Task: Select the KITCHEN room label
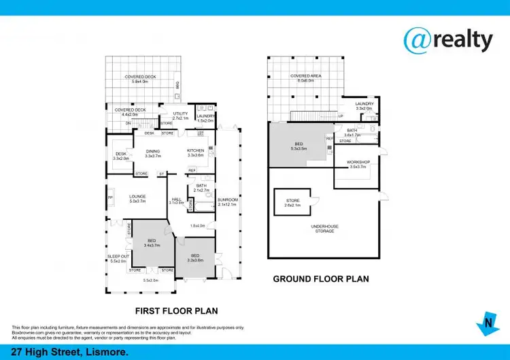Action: [196, 152]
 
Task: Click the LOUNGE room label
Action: [138, 198]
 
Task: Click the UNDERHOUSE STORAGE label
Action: [324, 229]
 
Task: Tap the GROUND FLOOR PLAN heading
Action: [321, 278]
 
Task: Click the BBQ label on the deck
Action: [177, 85]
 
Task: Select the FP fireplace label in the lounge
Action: [110, 198]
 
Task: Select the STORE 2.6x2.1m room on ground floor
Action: [292, 203]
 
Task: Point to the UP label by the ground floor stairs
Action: [341, 116]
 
